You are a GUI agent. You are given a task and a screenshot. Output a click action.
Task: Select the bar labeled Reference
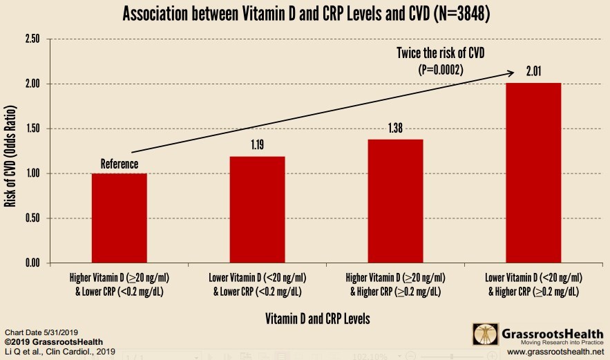point(120,218)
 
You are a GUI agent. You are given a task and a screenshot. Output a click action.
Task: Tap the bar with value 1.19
point(257,209)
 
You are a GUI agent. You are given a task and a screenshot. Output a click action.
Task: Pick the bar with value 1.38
point(395,201)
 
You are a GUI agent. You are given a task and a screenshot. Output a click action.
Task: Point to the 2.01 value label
point(533,73)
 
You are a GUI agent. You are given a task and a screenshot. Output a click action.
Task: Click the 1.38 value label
point(395,129)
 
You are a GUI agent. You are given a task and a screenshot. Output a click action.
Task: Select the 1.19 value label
point(257,146)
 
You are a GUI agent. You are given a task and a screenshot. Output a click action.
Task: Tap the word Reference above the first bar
point(120,164)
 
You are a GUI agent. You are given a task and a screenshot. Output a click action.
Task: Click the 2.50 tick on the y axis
point(32,39)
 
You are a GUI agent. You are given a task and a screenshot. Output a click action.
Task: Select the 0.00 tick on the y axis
point(32,263)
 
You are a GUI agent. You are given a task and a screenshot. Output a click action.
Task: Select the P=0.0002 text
point(439,69)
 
